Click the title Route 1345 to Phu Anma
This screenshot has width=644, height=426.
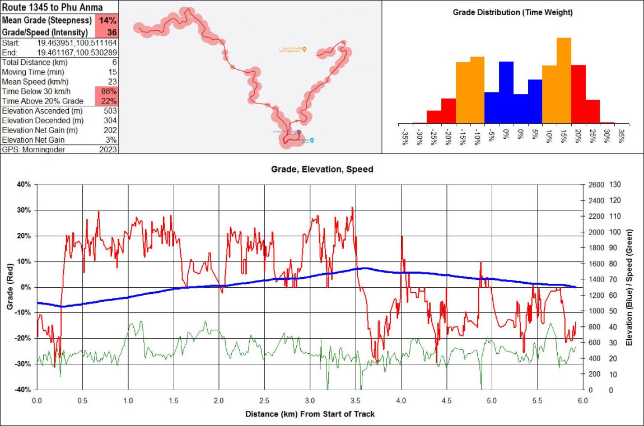pyautogui.click(x=52, y=7)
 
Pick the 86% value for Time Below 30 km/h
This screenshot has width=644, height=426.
pyautogui.click(x=108, y=91)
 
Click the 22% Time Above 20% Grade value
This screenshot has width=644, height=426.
pyautogui.click(x=108, y=101)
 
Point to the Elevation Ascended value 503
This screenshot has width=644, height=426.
pyautogui.click(x=110, y=111)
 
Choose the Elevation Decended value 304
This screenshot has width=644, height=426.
pyautogui.click(x=110, y=120)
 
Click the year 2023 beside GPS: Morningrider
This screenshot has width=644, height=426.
pyautogui.click(x=108, y=149)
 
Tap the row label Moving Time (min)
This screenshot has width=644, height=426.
pyautogui.click(x=33, y=72)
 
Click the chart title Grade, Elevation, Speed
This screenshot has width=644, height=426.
pyautogui.click(x=322, y=168)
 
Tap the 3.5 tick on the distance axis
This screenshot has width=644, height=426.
pyautogui.click(x=355, y=401)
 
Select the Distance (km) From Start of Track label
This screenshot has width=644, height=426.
pyautogui.click(x=310, y=414)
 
